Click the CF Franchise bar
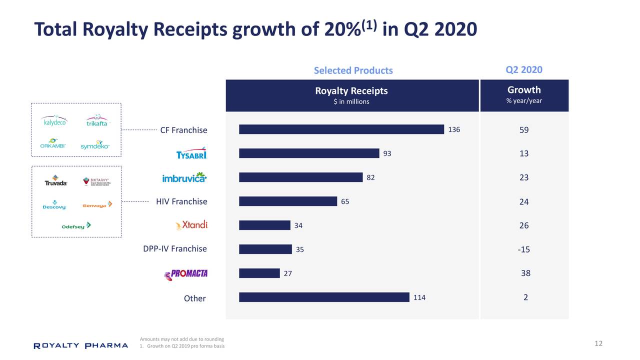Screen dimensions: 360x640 [x=341, y=129]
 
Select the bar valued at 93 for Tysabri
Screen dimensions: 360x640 [x=309, y=153]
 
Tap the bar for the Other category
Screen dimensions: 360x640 [x=324, y=297]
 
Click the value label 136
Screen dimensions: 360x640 [x=454, y=130]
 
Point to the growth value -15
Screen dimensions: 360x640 [x=523, y=249]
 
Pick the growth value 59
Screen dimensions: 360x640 [x=523, y=130]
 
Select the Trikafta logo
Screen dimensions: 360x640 [x=96, y=121]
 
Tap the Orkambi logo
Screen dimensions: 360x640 [x=53, y=144]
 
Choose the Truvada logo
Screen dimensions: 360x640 [x=55, y=180]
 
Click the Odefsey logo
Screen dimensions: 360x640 [x=76, y=225]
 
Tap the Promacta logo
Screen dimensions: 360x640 [x=186, y=273]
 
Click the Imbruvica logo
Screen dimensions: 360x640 [x=184, y=177]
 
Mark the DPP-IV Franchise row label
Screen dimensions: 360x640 [x=174, y=249]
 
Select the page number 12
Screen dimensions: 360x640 [x=598, y=343]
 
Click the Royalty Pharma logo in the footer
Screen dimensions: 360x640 [x=80, y=345]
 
